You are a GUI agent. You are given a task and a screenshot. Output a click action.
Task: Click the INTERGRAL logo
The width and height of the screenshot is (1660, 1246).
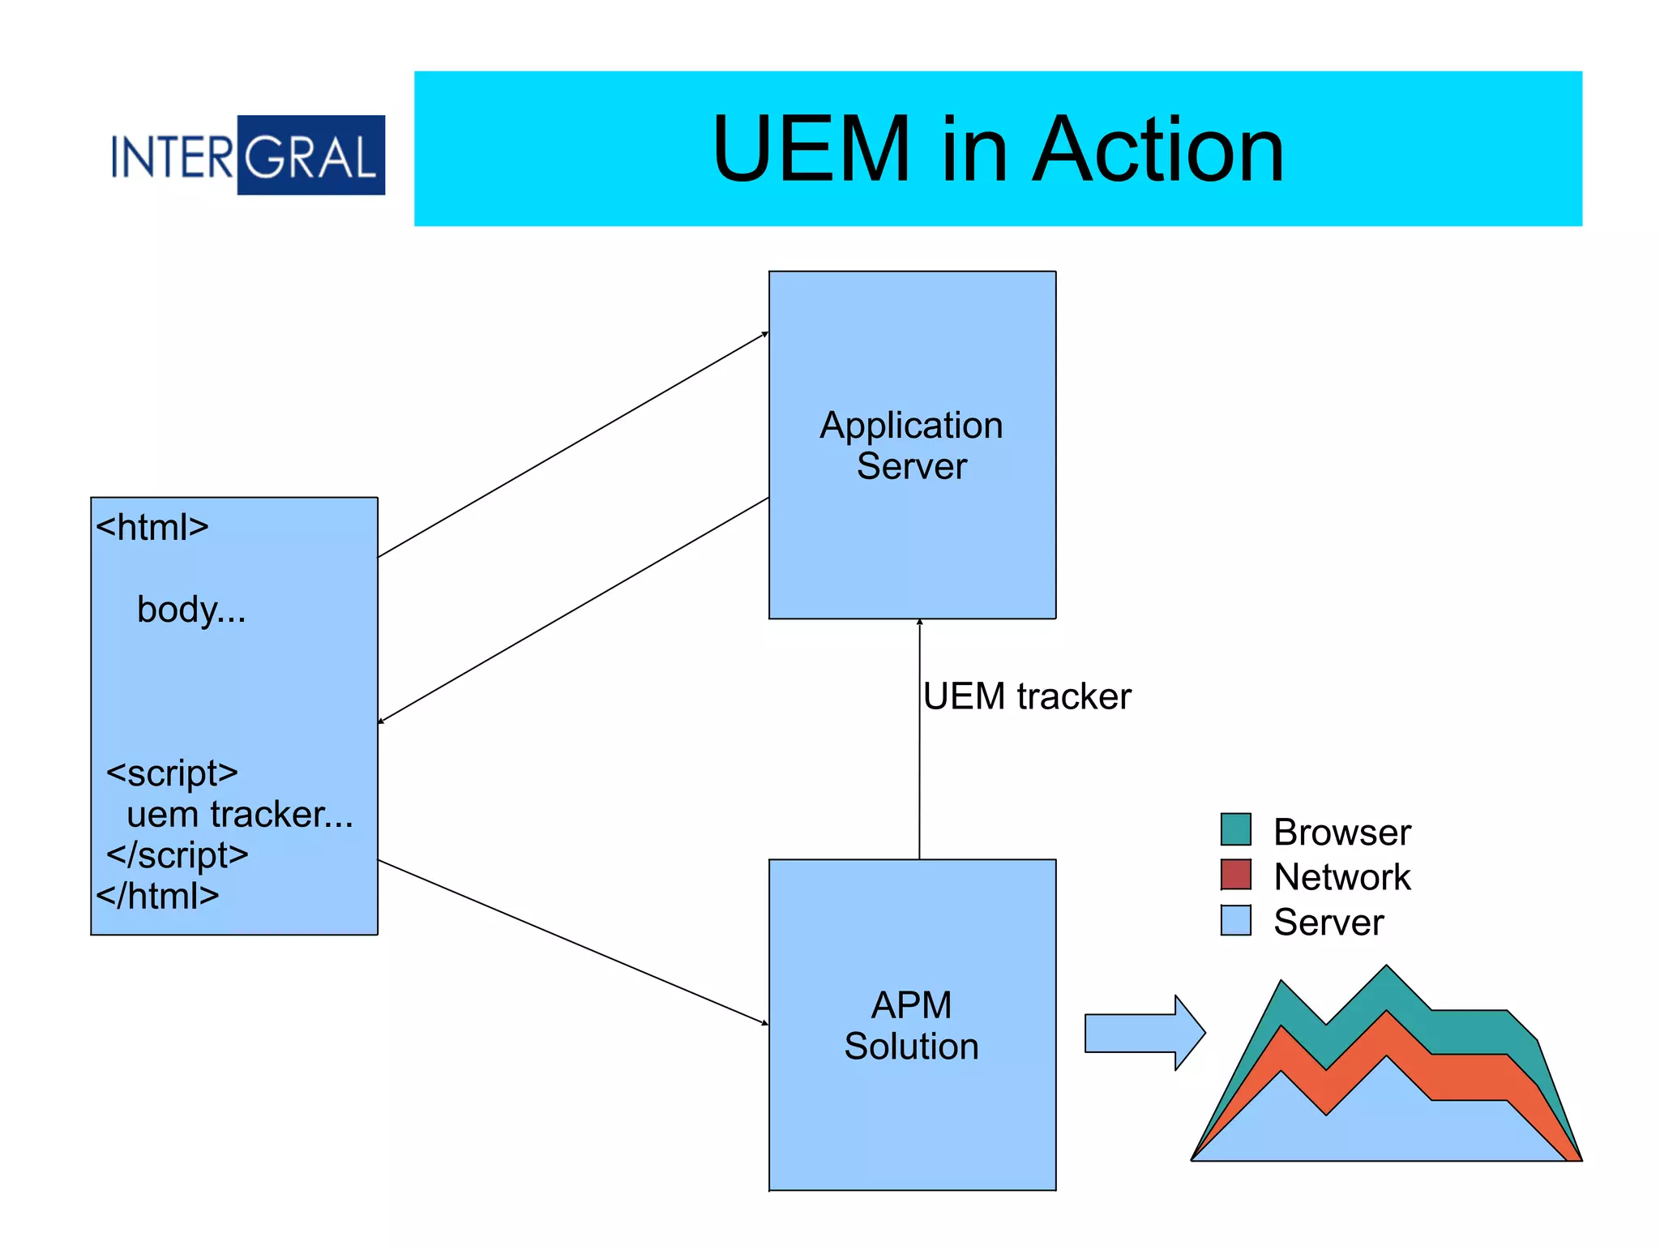248,156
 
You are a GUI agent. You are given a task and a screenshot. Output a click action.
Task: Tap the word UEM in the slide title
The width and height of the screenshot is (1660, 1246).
811,150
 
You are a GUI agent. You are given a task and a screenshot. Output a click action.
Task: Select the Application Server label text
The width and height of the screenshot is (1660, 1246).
911,445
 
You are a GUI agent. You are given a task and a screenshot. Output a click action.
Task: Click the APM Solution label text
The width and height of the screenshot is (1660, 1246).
911,1025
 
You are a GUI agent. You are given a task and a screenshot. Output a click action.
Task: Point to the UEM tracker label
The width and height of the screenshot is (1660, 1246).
1027,696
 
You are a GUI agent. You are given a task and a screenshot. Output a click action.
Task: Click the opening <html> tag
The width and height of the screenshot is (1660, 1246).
152,528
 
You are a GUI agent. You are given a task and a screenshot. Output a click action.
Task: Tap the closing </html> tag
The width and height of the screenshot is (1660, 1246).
158,896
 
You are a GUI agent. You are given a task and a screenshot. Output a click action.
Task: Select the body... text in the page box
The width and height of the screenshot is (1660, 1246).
191,610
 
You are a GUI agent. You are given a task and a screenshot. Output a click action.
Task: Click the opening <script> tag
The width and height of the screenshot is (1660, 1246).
172,773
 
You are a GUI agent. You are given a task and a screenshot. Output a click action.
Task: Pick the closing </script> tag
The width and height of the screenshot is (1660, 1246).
178,854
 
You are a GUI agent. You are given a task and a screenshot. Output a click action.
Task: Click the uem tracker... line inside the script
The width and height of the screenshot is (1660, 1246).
240,814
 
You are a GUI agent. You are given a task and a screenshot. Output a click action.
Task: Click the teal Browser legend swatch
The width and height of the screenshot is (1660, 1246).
1235,829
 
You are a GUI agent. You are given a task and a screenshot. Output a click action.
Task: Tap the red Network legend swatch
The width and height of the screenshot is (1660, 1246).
1235,875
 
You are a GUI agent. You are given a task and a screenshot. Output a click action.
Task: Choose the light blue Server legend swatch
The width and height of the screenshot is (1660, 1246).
1235,920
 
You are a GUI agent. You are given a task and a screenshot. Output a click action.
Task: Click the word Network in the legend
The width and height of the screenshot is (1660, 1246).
1341,877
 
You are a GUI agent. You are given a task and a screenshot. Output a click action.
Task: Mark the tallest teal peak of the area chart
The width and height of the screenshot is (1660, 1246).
1386,973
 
